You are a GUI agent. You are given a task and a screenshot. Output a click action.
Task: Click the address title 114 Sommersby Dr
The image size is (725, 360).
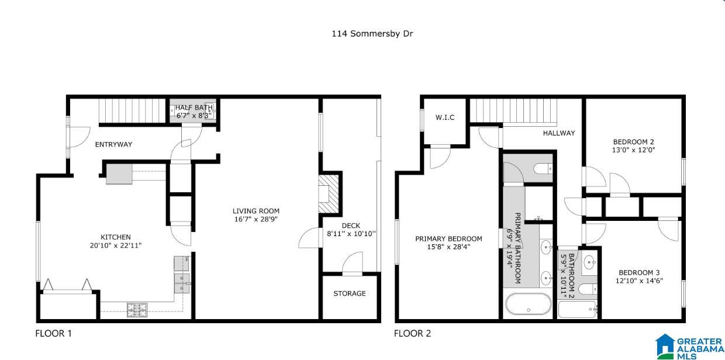coord(372,34)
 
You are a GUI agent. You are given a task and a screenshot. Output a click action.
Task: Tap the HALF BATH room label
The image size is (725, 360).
coord(194,108)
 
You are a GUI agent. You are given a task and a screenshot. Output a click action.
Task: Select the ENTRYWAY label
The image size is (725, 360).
coord(113,144)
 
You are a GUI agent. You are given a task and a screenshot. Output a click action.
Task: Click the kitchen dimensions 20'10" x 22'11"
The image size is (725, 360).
coord(116,245)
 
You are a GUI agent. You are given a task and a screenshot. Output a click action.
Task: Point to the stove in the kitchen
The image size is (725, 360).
coord(137,310)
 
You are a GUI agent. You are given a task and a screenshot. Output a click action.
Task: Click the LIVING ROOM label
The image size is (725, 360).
coord(256,211)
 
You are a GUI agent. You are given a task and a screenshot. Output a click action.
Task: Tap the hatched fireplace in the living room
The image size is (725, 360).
coord(329,194)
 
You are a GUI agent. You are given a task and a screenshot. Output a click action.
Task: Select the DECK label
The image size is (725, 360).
coord(351,226)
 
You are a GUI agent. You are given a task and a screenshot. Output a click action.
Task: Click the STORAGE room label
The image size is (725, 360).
coord(350,293)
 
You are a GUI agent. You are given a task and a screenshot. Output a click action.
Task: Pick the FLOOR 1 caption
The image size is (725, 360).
coord(53,334)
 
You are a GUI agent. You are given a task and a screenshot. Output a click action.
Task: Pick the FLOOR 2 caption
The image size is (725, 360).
coord(412,334)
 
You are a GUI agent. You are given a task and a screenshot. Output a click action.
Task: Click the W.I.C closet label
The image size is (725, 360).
coord(445,117)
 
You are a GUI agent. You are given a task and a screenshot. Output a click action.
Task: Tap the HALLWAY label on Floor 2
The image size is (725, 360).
coord(559,133)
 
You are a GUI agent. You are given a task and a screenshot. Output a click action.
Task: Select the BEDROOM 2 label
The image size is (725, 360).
coord(633,141)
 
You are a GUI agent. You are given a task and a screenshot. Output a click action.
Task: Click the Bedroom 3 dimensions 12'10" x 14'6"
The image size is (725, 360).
coord(639,281)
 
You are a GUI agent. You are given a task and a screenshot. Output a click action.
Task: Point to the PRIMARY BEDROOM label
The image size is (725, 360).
coord(448,238)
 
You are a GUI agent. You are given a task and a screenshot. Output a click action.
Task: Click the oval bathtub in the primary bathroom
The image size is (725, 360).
coord(528,304)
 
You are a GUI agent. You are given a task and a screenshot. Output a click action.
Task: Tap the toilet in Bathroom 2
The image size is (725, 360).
coord(588,289)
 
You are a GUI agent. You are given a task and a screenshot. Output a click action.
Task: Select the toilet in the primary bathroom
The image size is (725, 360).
coord(543,168)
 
